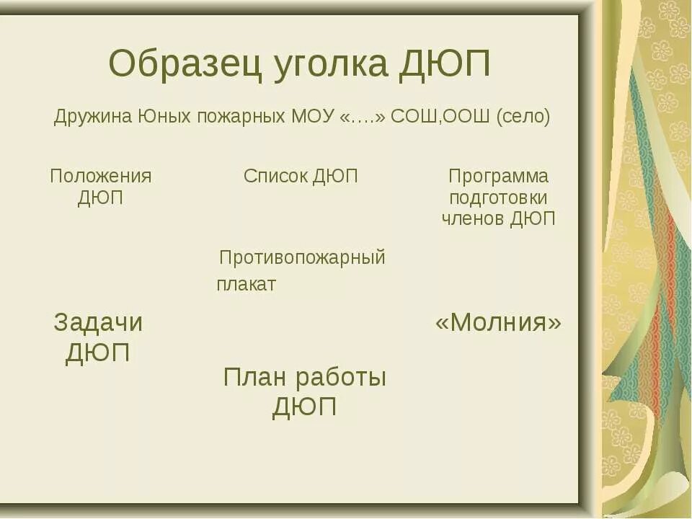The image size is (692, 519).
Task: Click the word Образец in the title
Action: tap(185, 66)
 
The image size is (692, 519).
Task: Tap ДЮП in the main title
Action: tap(445, 66)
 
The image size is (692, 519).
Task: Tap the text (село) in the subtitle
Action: tap(523, 117)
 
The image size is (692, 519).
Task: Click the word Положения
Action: tap(101, 177)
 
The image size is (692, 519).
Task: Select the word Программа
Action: tap(498, 177)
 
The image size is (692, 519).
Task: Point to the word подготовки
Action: tap(498, 198)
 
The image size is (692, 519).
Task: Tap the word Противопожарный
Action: tap(302, 257)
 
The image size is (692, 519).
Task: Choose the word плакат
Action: tap(246, 285)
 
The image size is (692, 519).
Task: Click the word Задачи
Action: tap(98, 323)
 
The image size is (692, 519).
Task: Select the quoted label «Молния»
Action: tap(498, 323)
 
